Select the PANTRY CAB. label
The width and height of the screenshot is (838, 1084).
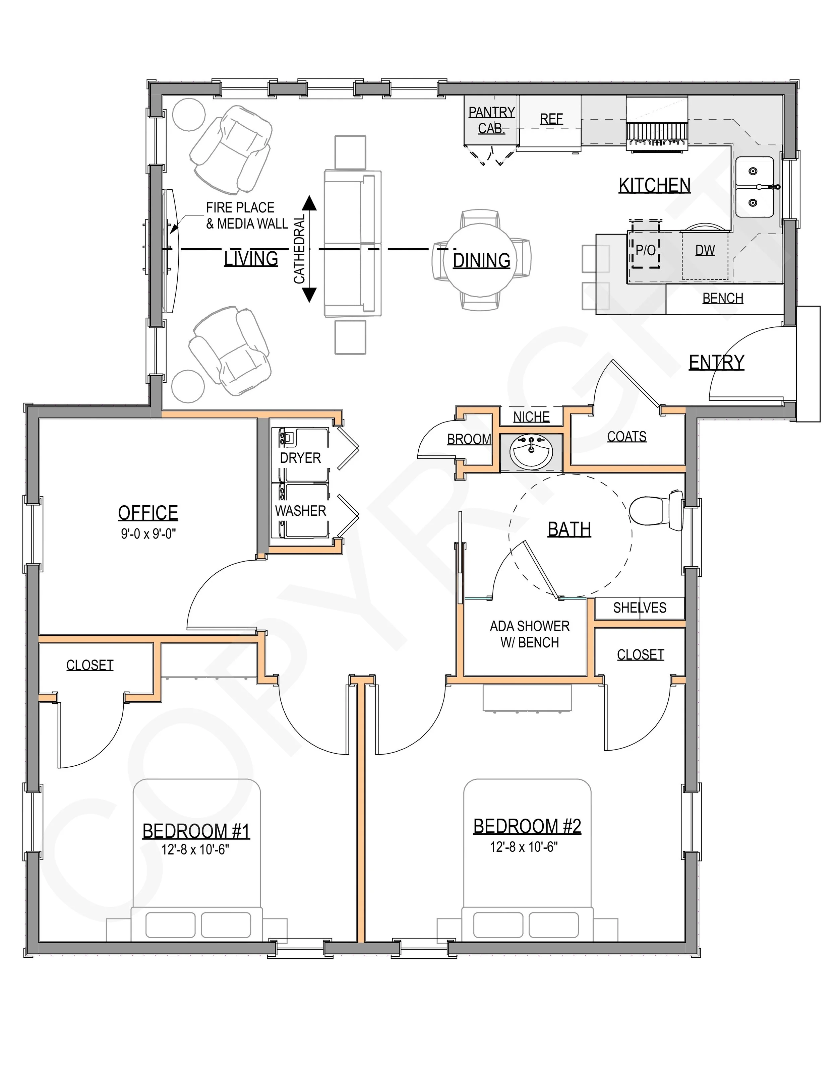[x=491, y=120]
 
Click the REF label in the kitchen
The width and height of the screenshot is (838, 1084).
[x=551, y=119]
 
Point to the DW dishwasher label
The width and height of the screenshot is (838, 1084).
[x=705, y=250]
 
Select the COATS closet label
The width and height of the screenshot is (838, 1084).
[x=626, y=437]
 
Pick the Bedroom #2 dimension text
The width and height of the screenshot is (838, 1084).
[x=524, y=847]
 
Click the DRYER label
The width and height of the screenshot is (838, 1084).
[x=300, y=458]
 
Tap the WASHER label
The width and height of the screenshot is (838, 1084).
[x=300, y=511]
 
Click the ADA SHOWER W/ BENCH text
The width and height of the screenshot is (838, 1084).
[x=529, y=634]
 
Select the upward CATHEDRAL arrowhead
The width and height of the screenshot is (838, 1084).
[x=309, y=202]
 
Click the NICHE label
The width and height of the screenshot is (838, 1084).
[x=531, y=417]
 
